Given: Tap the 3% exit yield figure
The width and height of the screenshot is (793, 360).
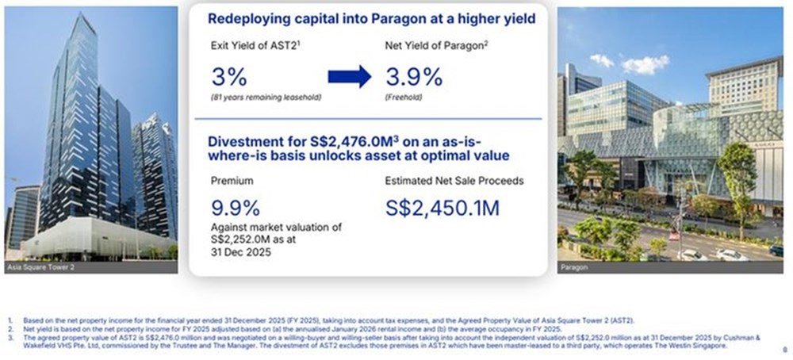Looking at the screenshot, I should coord(229,77).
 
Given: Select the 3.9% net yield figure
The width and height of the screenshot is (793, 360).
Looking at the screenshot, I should coord(413,77).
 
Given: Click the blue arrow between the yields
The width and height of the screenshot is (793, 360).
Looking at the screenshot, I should coord(349,76).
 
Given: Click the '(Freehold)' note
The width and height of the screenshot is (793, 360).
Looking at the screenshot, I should coord(404,98).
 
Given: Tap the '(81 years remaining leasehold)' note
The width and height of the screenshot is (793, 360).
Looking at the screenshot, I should coord(266,98).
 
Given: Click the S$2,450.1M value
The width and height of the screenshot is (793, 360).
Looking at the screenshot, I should coord(442,208).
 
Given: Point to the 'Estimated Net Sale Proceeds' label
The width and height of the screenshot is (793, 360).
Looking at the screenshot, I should coord(454,181).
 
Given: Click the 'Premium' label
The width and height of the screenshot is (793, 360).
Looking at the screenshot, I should coord(232,181).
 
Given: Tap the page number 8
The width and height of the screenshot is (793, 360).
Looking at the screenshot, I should coord(783,347).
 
